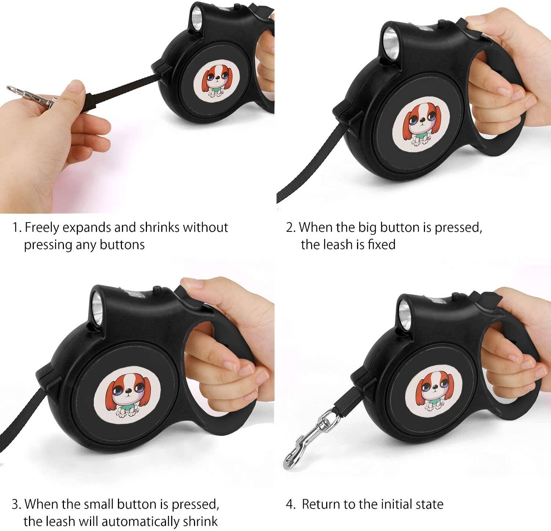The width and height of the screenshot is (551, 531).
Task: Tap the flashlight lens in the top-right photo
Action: (x=389, y=39)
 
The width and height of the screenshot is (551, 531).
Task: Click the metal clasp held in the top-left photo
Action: (x=31, y=94)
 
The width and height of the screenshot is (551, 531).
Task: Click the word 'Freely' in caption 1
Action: (x=42, y=228)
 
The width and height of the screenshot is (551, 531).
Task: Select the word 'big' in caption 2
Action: (x=368, y=228)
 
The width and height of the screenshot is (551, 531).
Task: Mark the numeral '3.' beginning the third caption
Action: (x=16, y=505)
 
